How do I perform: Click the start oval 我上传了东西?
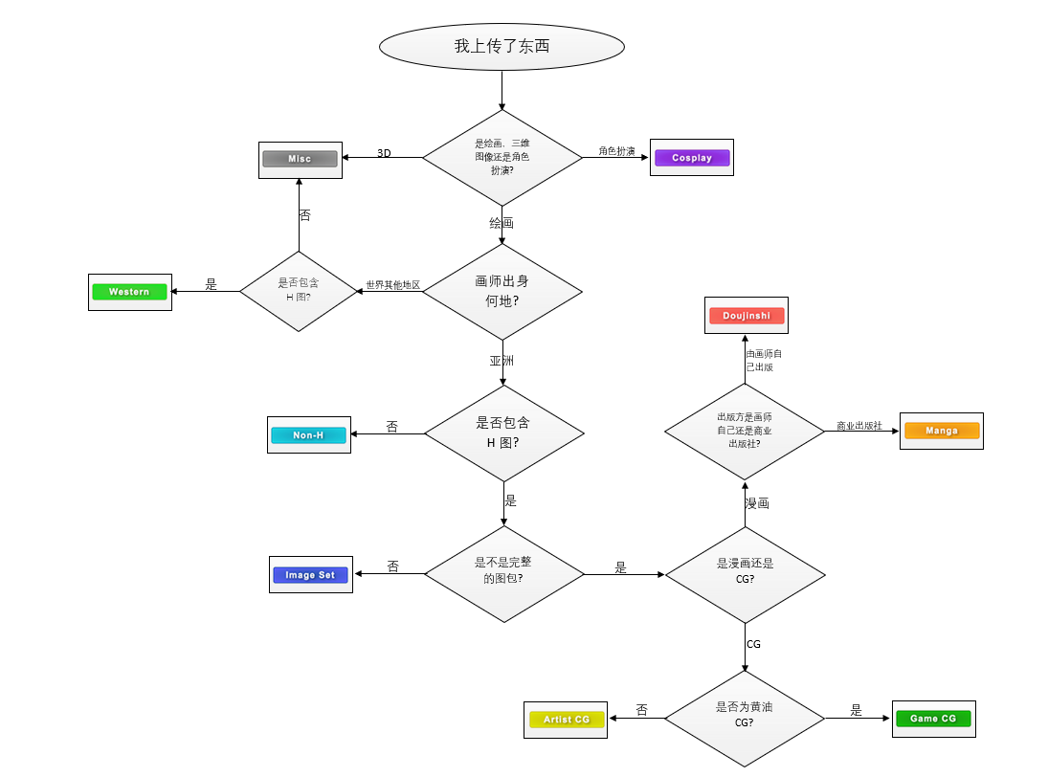coord(502,47)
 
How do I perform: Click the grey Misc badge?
coord(301,159)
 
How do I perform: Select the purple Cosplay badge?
coord(692,158)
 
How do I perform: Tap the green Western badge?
coord(129,292)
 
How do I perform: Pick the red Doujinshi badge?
coord(747,315)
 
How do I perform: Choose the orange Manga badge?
coord(942,431)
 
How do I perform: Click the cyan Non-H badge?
coord(308,435)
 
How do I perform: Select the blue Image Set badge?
coord(310,575)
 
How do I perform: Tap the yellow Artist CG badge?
coord(567,720)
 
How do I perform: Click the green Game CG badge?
coord(933,719)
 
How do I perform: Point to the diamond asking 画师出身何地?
coord(502,291)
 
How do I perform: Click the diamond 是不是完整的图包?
coord(503,572)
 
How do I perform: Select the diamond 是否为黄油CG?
coord(744,716)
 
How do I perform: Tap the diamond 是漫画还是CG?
coord(745,572)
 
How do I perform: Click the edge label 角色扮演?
coord(616,151)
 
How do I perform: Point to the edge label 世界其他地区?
coord(392,285)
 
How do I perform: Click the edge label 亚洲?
coord(502,362)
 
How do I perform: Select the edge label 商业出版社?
coord(858,426)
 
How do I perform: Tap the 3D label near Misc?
coord(384,153)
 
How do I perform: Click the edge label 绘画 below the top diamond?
coord(502,223)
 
